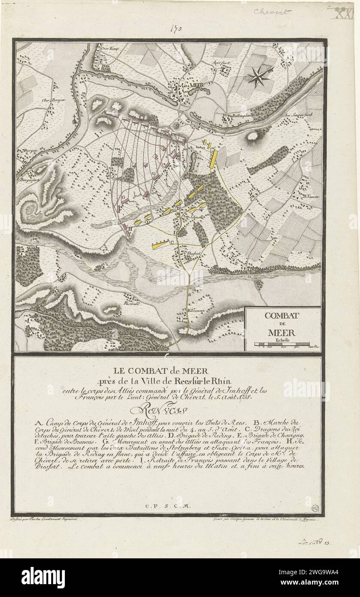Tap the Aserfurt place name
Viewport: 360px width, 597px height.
tap(220, 62)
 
